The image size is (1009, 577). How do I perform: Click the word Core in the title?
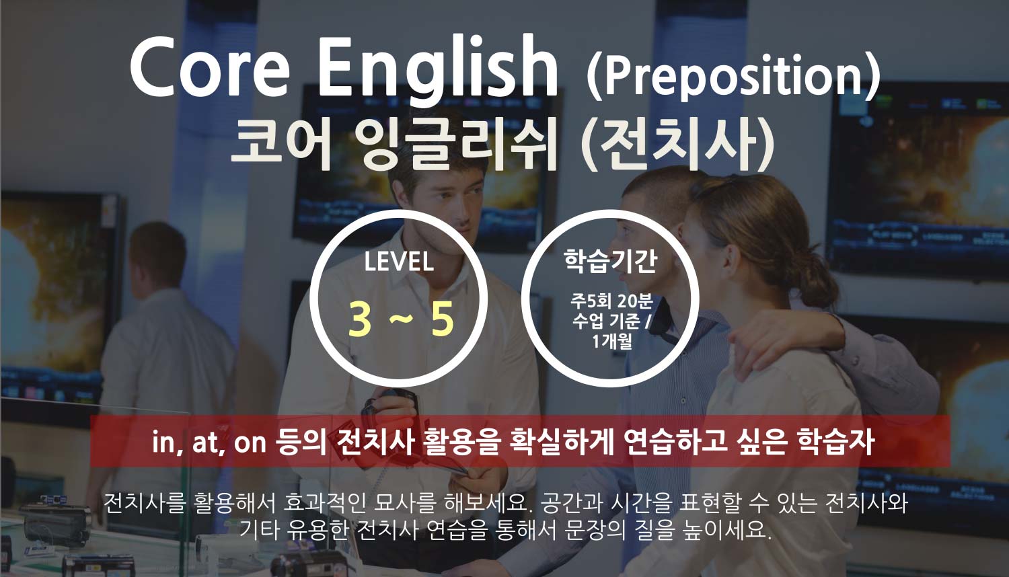[x=210, y=67]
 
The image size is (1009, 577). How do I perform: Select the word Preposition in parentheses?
[x=733, y=77]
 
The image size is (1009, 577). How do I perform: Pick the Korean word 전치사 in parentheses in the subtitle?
[x=678, y=143]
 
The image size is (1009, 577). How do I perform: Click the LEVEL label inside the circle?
[x=399, y=262]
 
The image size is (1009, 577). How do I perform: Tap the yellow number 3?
[x=359, y=319]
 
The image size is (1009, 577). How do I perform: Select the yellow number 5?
[x=442, y=319]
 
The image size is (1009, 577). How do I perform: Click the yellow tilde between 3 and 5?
[x=400, y=319]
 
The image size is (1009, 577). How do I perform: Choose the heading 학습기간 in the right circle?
[x=610, y=260]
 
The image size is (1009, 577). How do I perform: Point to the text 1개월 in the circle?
[x=611, y=341]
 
